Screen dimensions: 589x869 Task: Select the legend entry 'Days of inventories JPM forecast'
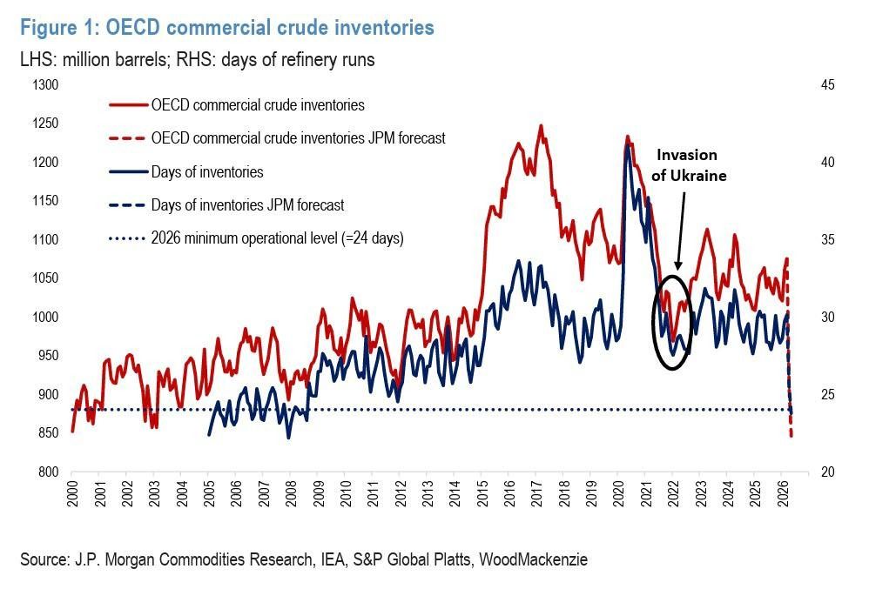tap(247, 205)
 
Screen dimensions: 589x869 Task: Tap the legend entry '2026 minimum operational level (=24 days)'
tap(277, 238)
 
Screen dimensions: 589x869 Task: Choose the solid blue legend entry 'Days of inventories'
tap(206, 172)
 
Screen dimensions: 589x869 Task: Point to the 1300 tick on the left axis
tap(45, 85)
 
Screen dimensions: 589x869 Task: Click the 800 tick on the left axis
tap(48, 472)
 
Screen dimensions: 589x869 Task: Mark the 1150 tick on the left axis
tap(45, 201)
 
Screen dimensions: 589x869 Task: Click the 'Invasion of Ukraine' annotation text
tap(687, 164)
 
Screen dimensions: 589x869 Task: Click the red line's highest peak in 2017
tap(541, 125)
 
